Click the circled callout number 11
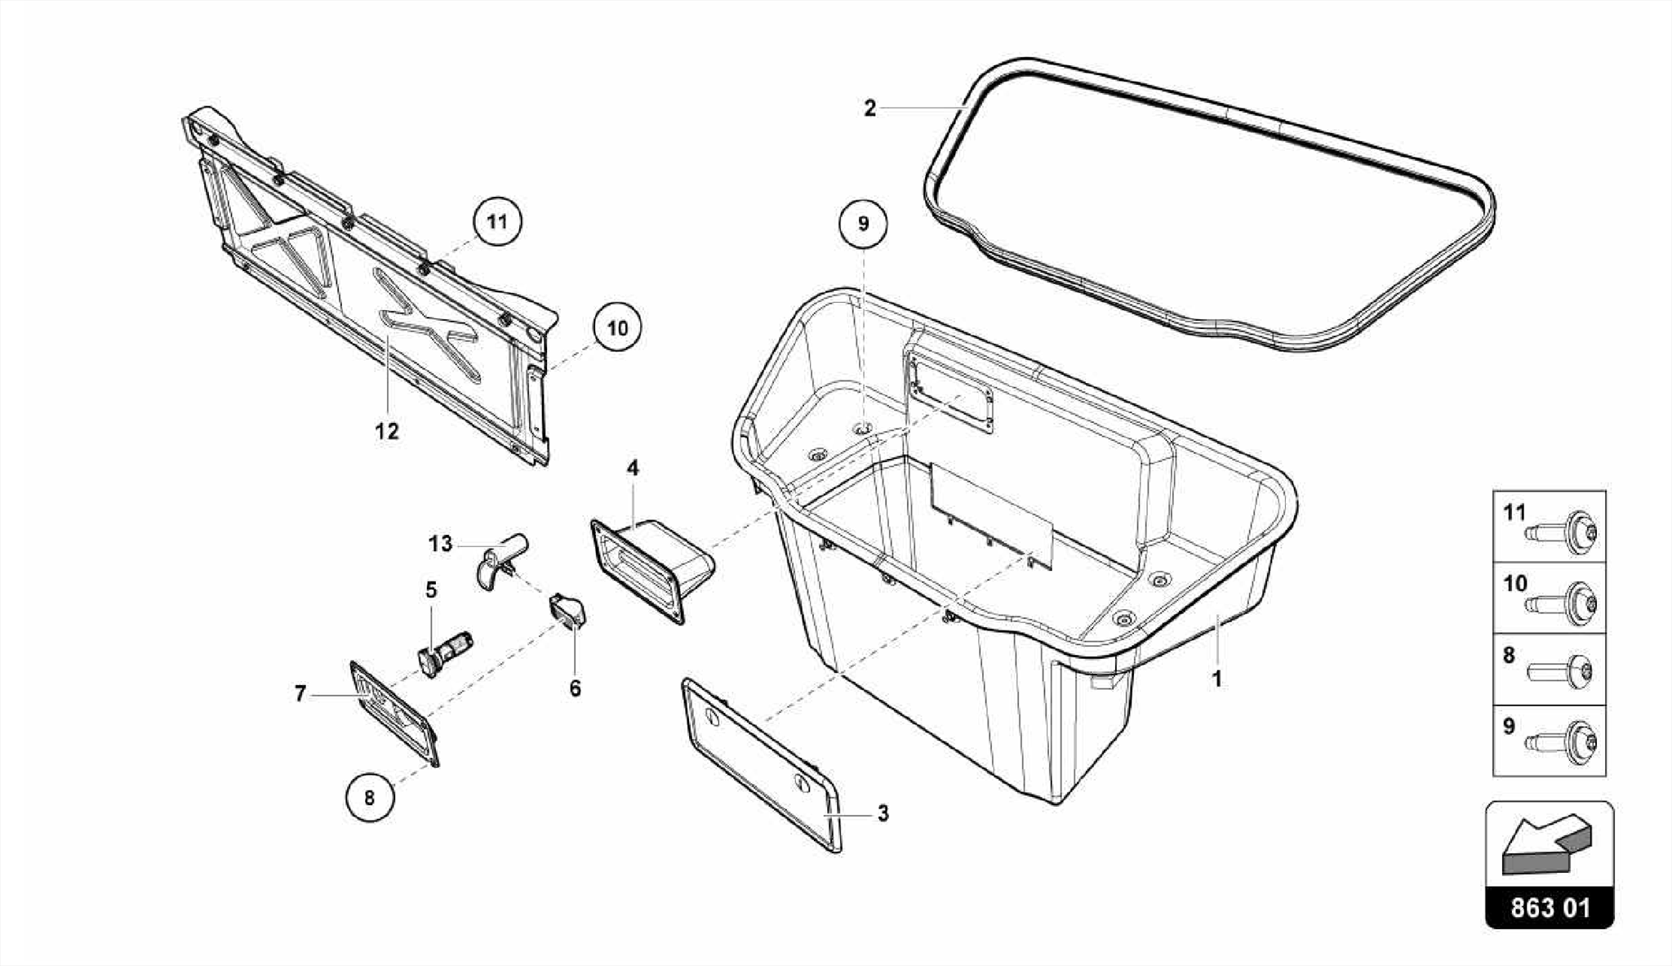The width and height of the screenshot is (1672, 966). (497, 221)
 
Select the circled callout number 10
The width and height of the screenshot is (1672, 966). (617, 328)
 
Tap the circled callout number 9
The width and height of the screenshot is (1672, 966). (864, 223)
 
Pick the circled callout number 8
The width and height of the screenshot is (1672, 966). (369, 797)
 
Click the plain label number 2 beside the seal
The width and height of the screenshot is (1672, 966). (869, 108)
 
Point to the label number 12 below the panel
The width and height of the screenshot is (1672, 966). (387, 431)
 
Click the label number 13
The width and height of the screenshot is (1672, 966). (440, 544)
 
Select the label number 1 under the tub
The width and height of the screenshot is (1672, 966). (1216, 679)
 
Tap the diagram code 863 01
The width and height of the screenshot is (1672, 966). (1550, 908)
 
